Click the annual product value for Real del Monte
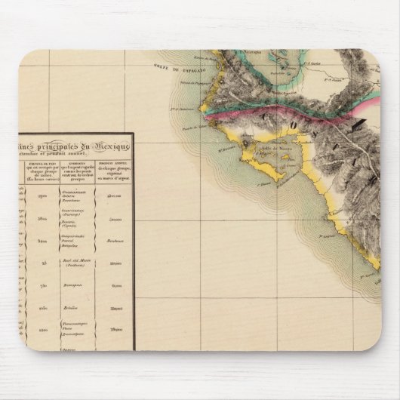(115, 263)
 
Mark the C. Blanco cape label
(262, 182)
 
